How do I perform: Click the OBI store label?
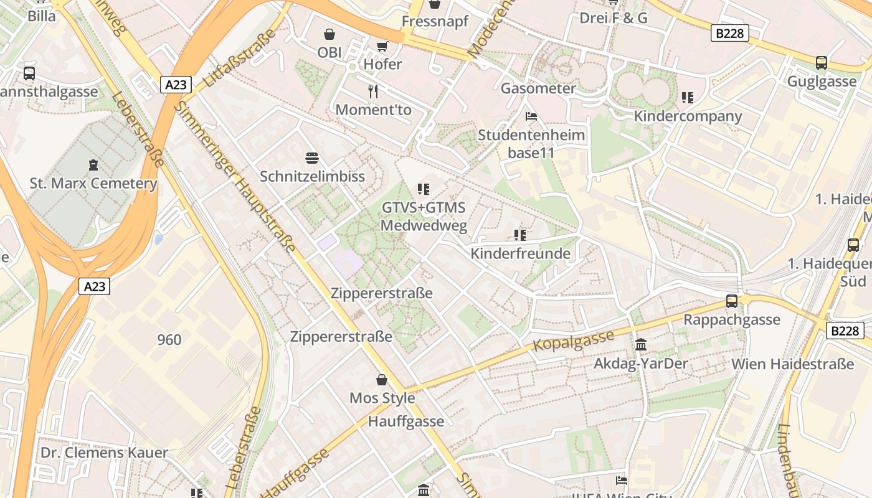(329, 53)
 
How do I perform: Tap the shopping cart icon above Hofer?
(382, 46)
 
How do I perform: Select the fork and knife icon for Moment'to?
(373, 92)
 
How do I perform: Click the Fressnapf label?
(435, 21)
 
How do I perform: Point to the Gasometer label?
(538, 88)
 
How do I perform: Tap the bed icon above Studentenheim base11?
(531, 116)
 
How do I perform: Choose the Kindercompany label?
(688, 116)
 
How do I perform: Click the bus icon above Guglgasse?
(822, 63)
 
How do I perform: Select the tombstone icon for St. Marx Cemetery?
(93, 165)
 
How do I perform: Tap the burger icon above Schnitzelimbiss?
(312, 158)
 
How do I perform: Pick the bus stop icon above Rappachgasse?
(732, 301)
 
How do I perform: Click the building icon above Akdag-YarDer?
(641, 345)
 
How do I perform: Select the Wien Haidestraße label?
(792, 364)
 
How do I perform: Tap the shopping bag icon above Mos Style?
(382, 380)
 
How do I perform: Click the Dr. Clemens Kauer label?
(104, 453)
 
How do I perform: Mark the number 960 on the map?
(169, 340)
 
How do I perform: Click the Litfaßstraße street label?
(240, 59)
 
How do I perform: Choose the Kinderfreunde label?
(520, 254)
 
